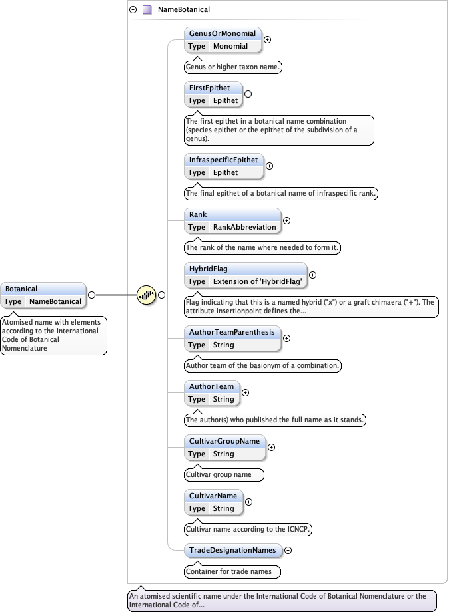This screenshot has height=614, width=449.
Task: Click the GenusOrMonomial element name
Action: coord(221,33)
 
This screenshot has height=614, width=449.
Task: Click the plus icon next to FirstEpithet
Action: coord(248,94)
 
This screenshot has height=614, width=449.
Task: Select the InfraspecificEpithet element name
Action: coord(223,160)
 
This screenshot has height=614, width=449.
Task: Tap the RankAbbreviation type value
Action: coord(244,227)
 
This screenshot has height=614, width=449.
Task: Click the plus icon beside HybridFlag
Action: coord(313,275)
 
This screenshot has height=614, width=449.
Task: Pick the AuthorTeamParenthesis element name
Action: coord(231,332)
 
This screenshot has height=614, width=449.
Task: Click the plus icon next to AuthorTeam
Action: coord(245,392)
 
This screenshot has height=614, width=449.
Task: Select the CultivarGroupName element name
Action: coord(224,441)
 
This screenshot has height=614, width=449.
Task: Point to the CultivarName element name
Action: coord(213,496)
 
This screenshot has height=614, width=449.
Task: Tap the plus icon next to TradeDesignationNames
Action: coord(288,550)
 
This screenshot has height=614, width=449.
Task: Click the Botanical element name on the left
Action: coord(22,289)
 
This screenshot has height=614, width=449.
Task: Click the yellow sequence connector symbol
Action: coord(146,295)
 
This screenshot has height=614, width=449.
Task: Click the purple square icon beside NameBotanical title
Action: coord(147,10)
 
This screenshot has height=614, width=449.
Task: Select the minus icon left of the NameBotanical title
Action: coord(133,10)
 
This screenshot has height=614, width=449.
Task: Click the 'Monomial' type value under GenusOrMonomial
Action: coord(230,46)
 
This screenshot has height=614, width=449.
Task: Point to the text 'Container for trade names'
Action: coord(232,571)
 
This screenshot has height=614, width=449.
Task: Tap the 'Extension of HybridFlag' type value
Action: coord(258,281)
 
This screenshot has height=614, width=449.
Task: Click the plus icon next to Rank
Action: coord(287,220)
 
